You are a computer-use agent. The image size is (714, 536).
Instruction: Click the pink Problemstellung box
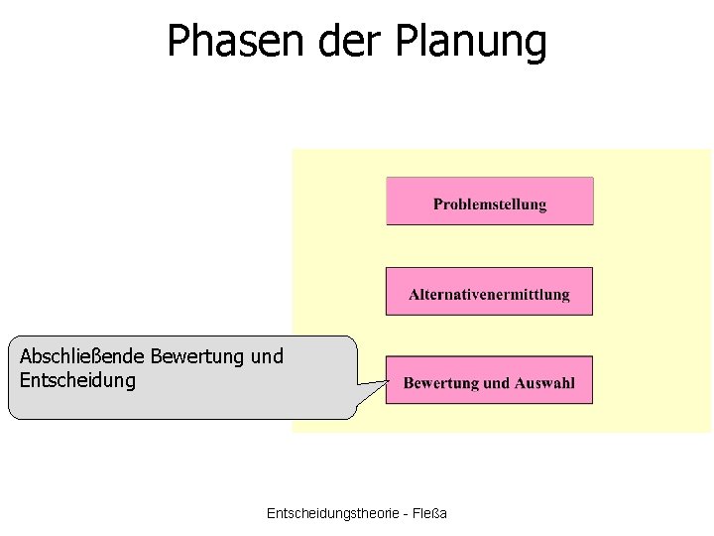(x=490, y=201)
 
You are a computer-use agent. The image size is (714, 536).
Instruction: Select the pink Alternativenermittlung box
(x=489, y=291)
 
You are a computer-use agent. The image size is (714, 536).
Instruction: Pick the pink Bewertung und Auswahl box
(x=489, y=380)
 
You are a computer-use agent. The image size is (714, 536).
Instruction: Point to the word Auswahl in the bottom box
(x=544, y=383)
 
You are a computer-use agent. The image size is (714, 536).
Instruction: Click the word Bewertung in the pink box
(x=442, y=383)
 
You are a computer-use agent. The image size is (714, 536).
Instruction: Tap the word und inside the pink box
(x=497, y=383)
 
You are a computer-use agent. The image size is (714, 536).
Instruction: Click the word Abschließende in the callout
(x=80, y=356)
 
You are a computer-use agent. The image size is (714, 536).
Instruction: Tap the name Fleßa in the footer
(x=429, y=512)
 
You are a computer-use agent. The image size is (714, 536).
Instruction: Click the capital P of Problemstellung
(x=438, y=204)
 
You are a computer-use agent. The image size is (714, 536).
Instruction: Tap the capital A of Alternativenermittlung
(x=415, y=294)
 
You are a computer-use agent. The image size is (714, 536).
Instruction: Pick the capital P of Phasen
(x=178, y=42)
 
